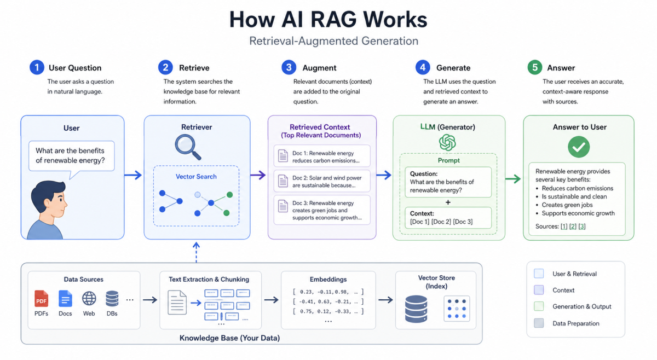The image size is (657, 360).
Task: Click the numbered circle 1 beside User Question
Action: click(37, 67)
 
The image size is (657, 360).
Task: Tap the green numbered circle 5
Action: click(535, 67)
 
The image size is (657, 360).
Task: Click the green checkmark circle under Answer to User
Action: click(578, 147)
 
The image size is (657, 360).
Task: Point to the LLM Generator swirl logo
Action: click(447, 143)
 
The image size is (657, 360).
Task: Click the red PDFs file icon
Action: click(41, 299)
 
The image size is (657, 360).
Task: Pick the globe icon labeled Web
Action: click(89, 299)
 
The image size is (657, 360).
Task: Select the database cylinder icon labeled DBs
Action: click(112, 299)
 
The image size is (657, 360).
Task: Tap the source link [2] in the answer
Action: click(572, 226)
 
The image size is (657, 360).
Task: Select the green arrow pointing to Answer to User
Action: click(512, 178)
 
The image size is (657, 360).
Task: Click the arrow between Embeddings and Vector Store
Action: click(385, 300)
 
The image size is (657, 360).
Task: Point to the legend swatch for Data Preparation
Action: click(539, 323)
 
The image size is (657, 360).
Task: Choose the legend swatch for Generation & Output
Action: click(539, 307)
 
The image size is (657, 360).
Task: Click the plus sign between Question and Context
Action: click(447, 202)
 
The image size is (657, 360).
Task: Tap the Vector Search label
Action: click(196, 177)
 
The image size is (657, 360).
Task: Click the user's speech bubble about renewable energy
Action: click(70, 156)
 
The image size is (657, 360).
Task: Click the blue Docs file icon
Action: click(65, 299)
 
